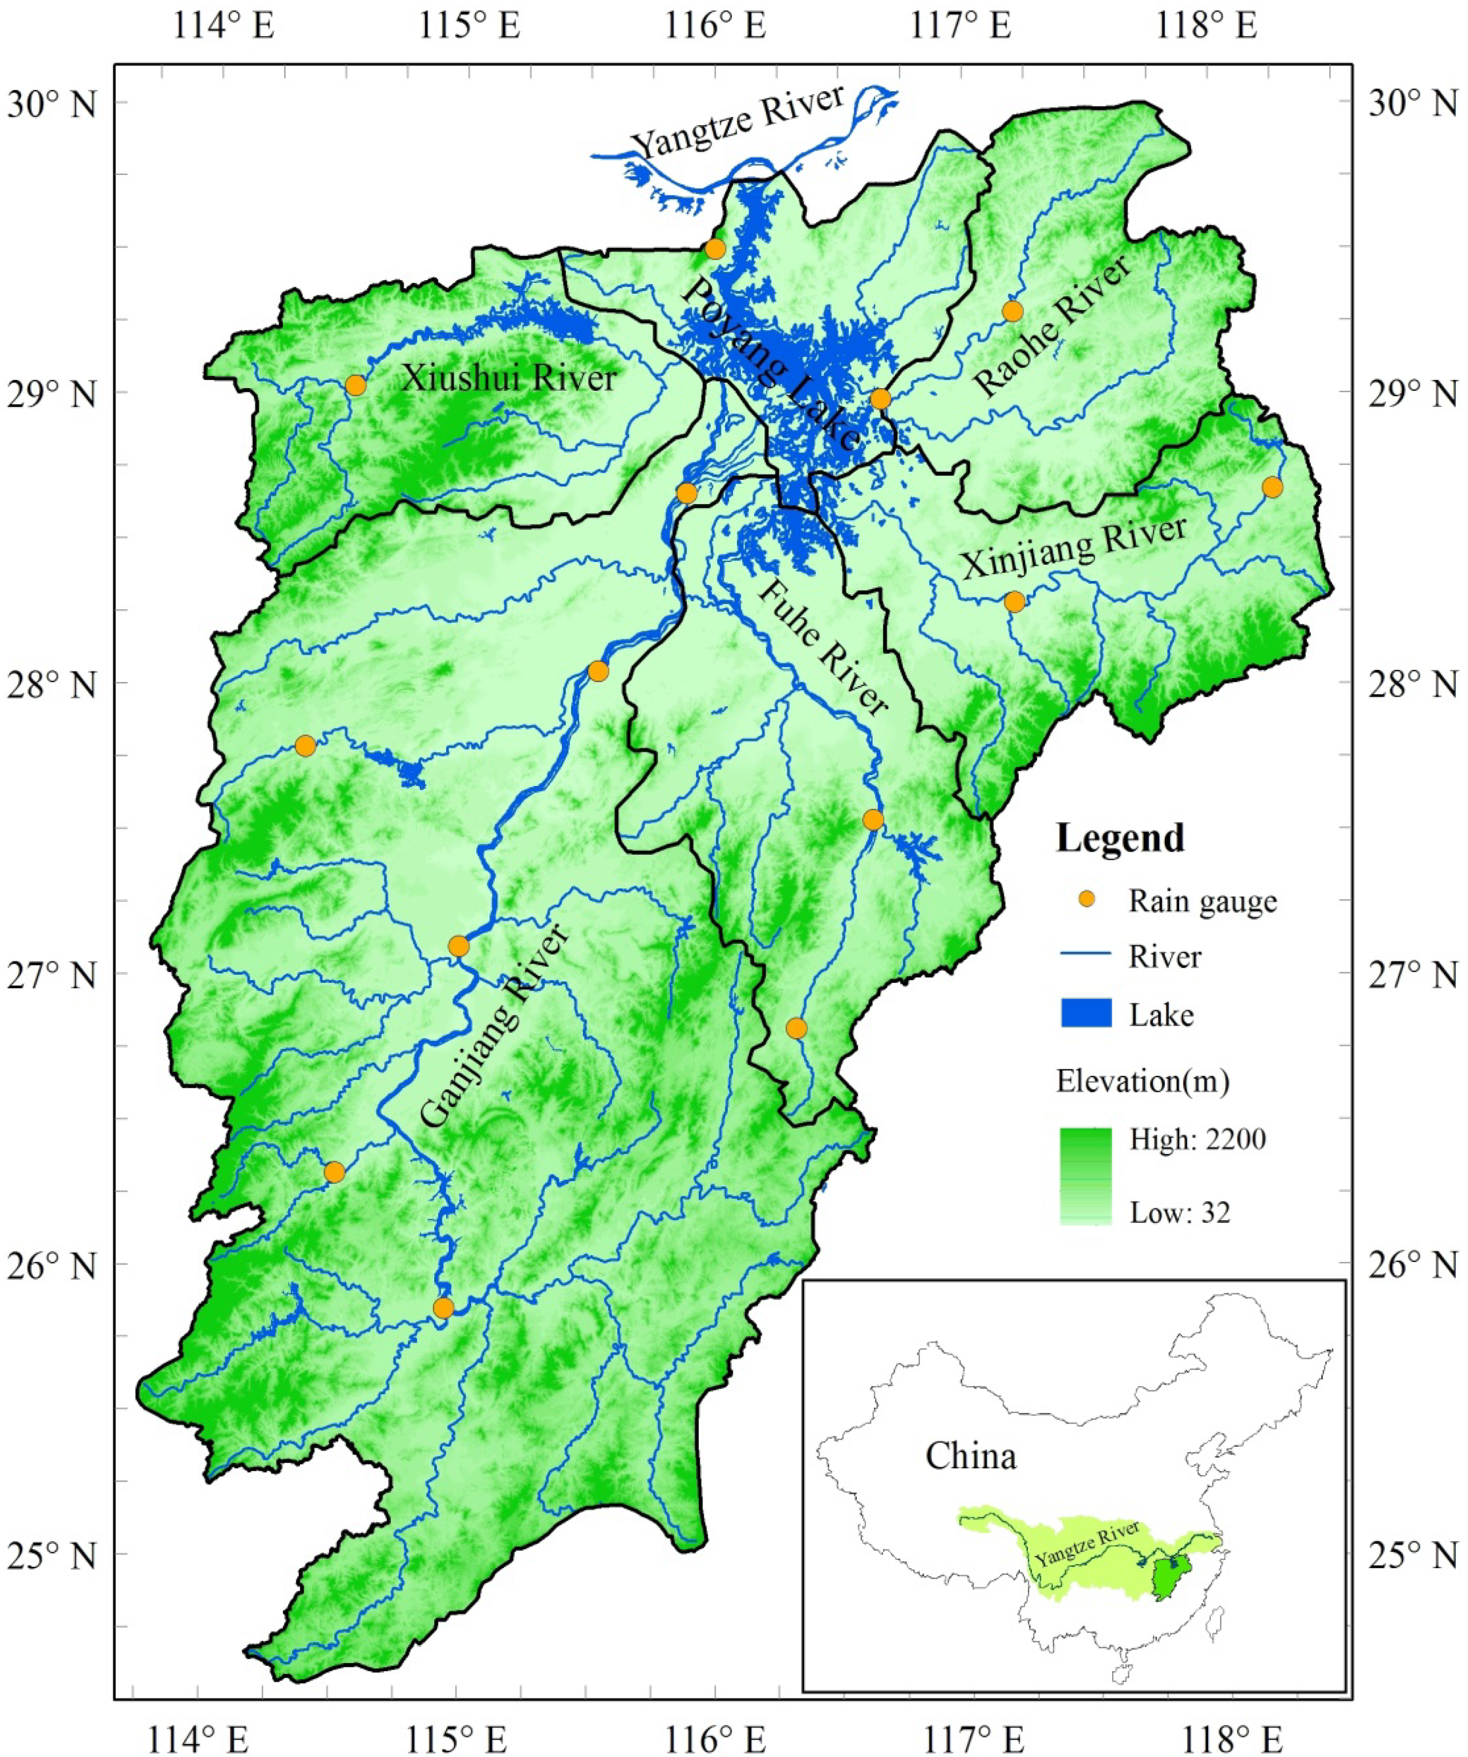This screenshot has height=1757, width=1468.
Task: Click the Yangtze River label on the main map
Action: [740, 121]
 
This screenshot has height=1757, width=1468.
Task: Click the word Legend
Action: [1120, 837]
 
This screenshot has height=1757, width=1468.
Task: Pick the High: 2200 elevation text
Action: [1197, 1140]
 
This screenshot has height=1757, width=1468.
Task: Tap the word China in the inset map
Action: [970, 1456]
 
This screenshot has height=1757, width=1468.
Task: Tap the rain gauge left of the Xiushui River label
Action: [355, 385]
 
